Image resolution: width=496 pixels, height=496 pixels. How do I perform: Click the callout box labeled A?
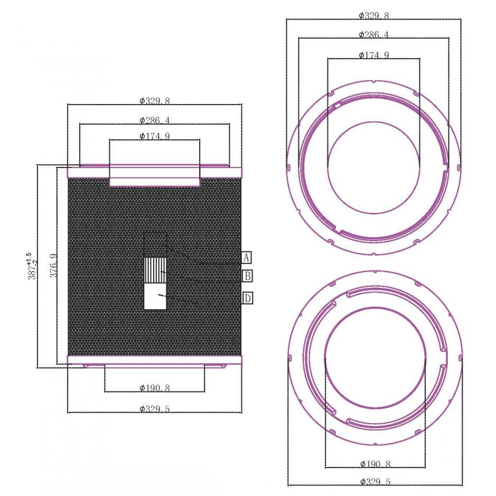[x=247, y=258]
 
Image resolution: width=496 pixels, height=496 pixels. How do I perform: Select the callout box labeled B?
[x=247, y=276]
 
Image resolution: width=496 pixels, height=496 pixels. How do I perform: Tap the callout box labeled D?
[x=247, y=298]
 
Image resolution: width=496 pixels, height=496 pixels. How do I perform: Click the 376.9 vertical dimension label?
[x=54, y=266]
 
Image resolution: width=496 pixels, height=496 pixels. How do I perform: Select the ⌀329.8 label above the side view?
[x=155, y=101]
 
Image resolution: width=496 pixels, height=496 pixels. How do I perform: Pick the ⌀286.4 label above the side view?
[x=155, y=120]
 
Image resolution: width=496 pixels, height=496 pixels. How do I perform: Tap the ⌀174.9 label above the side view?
[x=155, y=136]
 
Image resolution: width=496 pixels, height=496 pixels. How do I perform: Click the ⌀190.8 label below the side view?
[x=155, y=388]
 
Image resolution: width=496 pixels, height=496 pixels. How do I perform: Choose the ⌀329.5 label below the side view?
[x=155, y=409]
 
